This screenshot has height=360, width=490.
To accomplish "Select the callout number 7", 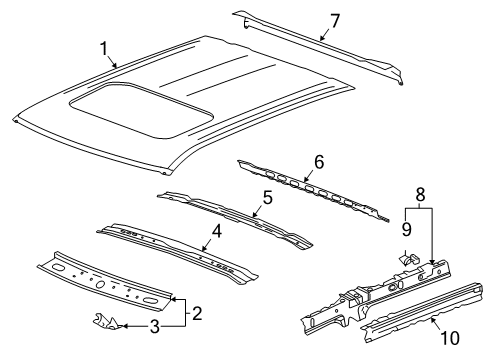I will tap(335, 19).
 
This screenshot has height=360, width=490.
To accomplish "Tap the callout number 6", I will tap(319, 160).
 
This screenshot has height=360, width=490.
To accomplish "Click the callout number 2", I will tap(197, 314).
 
